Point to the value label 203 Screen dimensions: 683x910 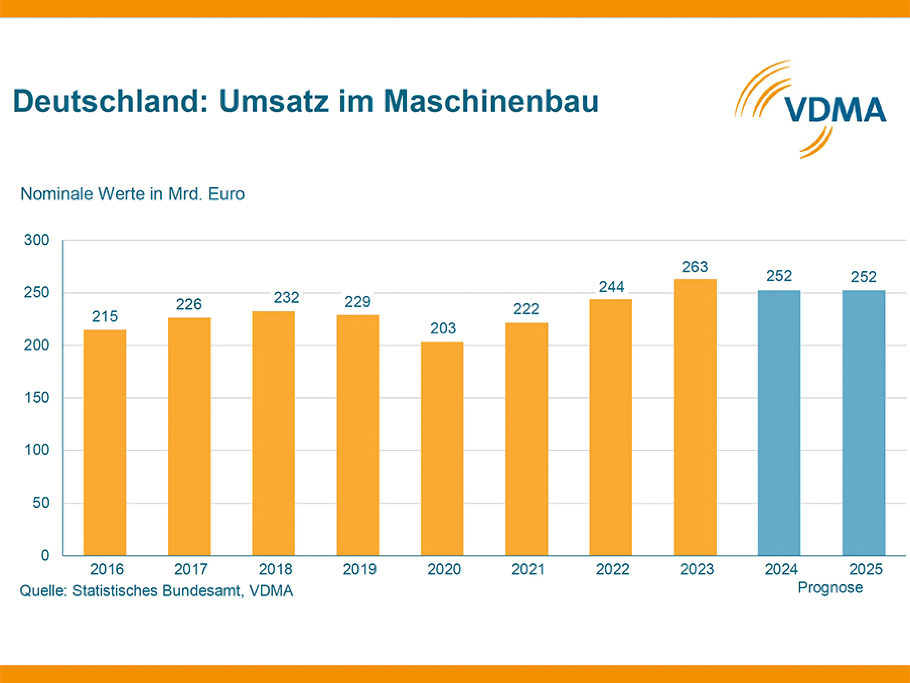click(443, 328)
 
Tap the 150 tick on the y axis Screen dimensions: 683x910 click(37, 398)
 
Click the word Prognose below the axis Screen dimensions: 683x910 click(830, 588)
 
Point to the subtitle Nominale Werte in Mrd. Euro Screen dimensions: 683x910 click(132, 194)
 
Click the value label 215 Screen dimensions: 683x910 click(105, 317)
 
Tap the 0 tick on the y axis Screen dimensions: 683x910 click(45, 555)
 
